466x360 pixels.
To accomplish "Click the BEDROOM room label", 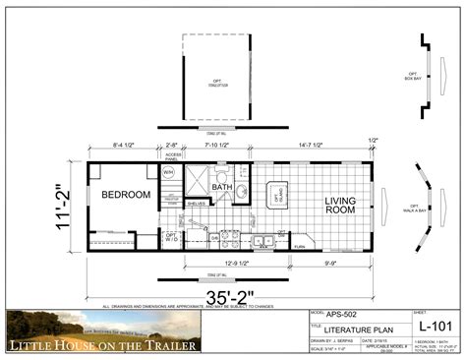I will pos(126,195).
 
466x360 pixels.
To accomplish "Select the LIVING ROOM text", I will pos(340,206).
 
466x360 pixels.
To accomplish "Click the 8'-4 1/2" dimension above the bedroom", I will pos(123,145).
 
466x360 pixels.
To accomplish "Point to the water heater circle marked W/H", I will pos(168,172).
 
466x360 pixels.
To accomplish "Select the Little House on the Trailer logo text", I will pos(103,345).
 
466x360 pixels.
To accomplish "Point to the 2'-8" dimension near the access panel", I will pos(171,145).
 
